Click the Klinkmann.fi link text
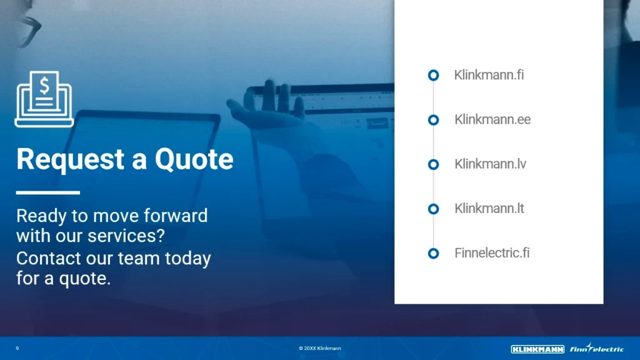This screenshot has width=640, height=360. [489, 75]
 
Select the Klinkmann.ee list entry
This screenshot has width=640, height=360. [492, 119]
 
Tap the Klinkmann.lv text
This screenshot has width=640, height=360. [490, 164]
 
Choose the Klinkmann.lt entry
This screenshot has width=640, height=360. [489, 209]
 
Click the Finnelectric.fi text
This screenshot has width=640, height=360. [492, 253]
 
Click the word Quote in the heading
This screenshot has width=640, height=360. [194, 159]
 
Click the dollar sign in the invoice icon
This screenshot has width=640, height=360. [44, 86]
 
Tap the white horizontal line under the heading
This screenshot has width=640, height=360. [48, 192]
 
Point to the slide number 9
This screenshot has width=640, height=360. [17, 348]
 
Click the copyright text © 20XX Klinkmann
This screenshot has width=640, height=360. [319, 348]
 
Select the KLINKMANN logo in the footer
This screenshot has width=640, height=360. [537, 349]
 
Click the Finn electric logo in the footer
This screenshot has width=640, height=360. [597, 348]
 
